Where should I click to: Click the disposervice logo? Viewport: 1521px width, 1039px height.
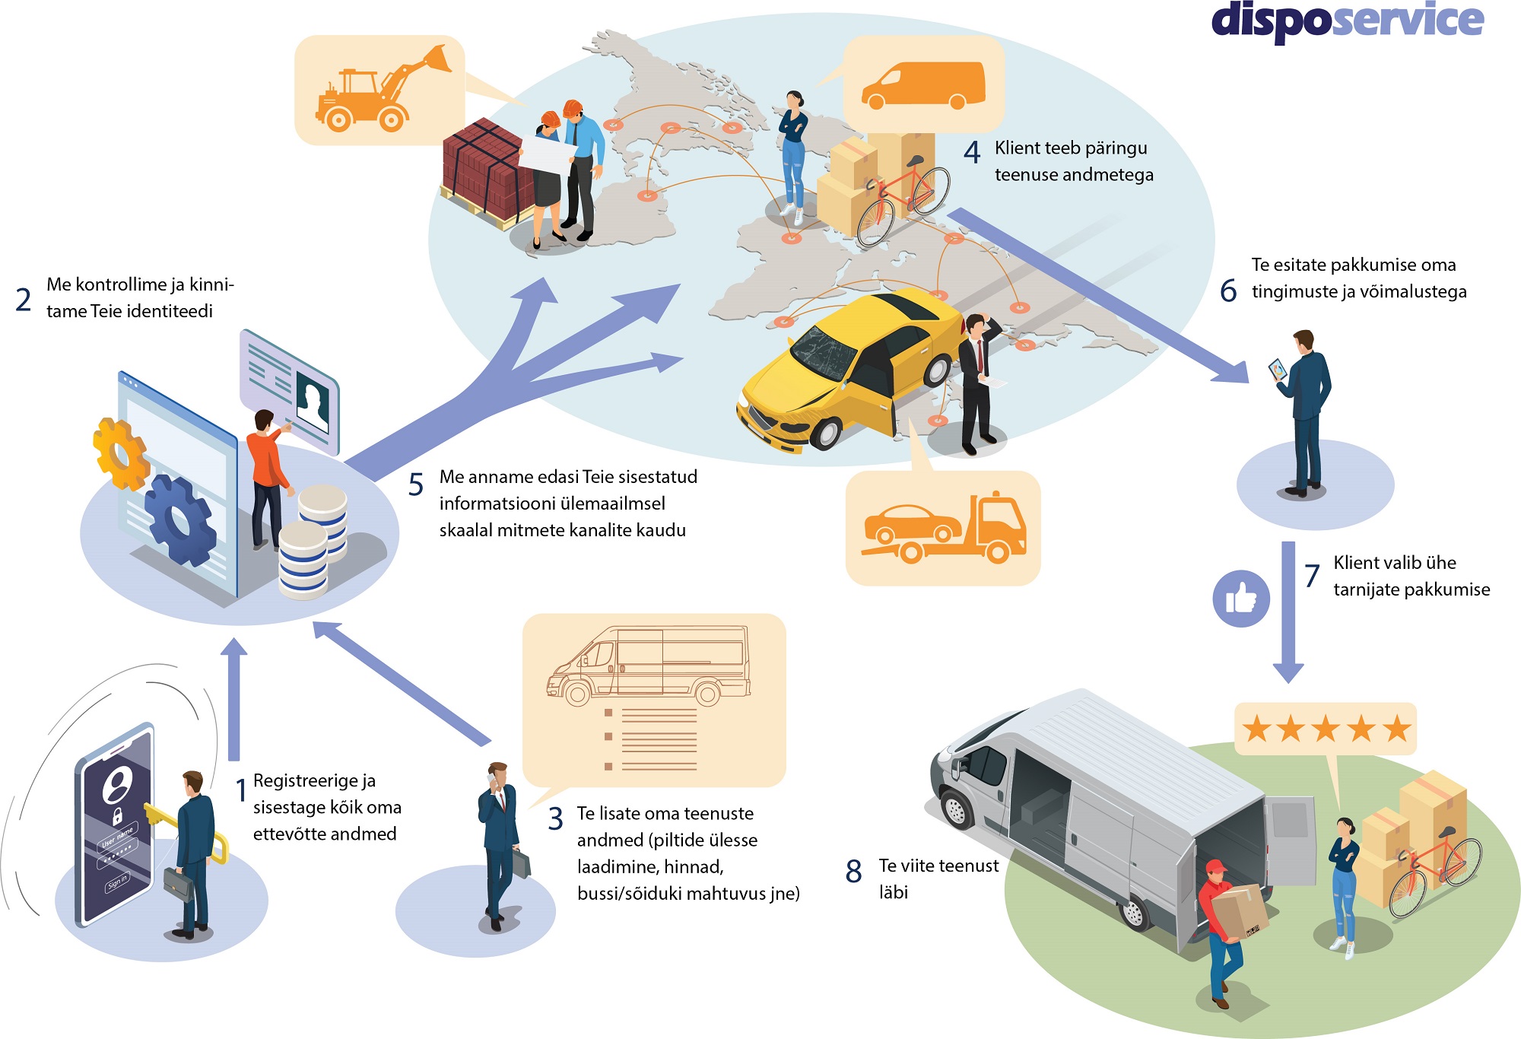click(x=1347, y=21)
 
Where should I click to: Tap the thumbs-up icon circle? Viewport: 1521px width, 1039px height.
click(x=1241, y=599)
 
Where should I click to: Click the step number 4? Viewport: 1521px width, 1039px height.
click(x=972, y=153)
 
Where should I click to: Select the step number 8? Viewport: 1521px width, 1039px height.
click(x=853, y=872)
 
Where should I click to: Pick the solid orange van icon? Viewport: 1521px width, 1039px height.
click(x=923, y=84)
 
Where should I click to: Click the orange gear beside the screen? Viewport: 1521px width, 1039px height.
click(x=119, y=453)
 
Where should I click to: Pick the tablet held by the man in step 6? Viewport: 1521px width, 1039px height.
click(x=1278, y=370)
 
